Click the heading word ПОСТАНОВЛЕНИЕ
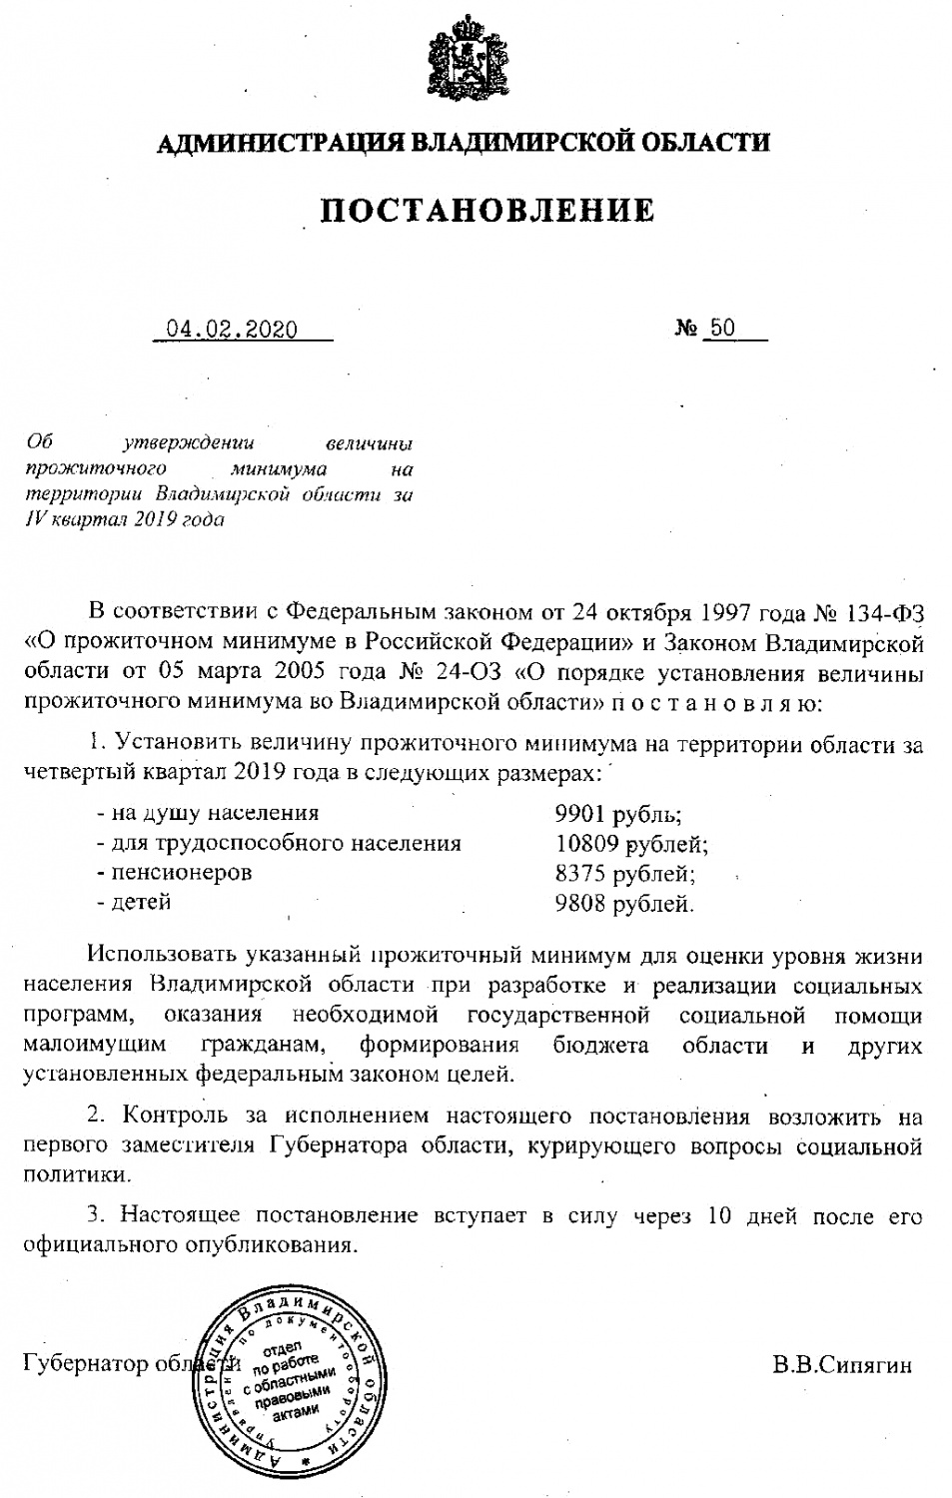point(487,211)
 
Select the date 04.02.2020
point(232,330)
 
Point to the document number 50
point(720,329)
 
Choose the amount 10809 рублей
point(631,844)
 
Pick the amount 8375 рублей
point(624,874)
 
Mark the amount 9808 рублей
point(624,904)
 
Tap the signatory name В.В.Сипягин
point(841,1365)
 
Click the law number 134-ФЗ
point(885,611)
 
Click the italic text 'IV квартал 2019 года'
point(125,519)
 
